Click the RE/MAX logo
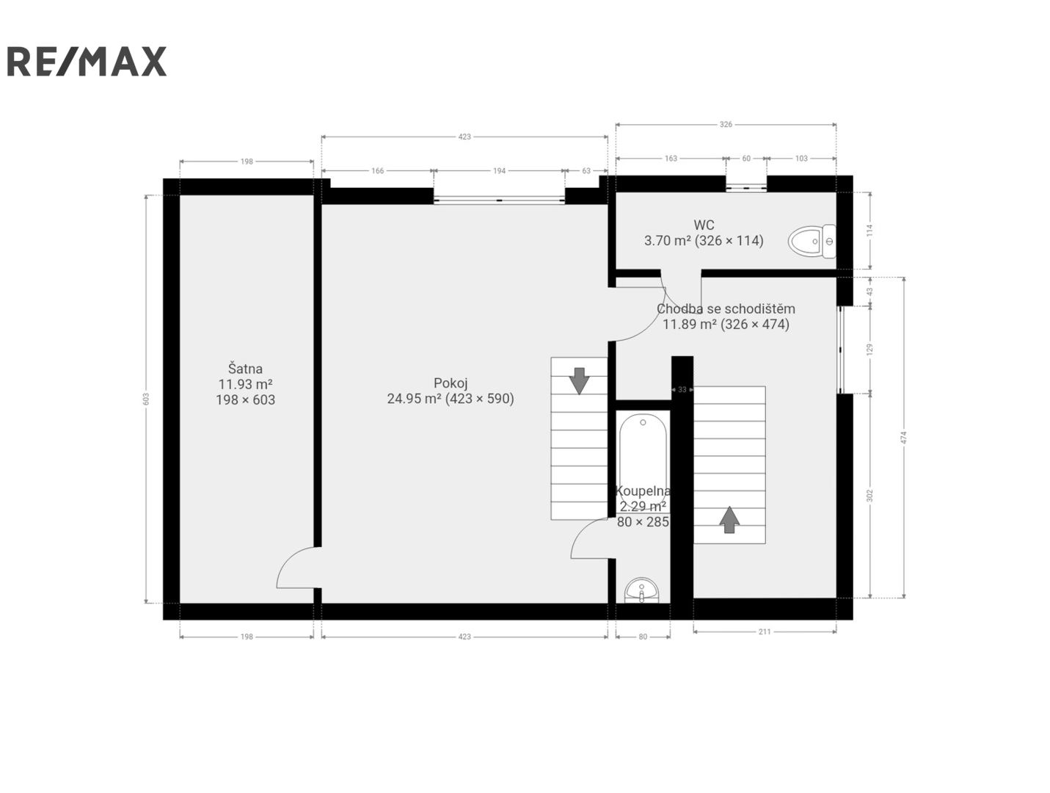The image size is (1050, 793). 87,61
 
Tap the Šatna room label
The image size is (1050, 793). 245,369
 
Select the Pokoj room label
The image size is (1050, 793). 450,383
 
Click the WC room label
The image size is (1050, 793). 704,225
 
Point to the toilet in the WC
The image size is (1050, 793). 812,241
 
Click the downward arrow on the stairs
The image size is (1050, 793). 579,381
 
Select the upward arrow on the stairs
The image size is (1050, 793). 729,520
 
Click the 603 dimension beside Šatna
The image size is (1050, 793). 146,399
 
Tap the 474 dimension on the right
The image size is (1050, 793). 904,438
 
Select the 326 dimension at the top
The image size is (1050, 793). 726,124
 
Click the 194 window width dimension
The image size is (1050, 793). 499,171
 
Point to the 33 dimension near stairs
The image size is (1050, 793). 682,390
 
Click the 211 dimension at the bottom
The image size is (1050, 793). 765,631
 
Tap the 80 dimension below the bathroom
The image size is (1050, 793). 643,637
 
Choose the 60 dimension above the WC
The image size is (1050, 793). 746,159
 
